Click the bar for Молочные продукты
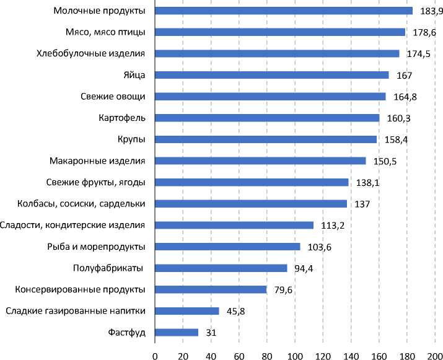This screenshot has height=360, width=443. pyautogui.click(x=283, y=11)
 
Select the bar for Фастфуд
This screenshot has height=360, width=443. pyautogui.click(x=177, y=332)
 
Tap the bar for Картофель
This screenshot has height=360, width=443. pyautogui.click(x=266, y=118)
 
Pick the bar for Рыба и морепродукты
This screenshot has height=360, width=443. pyautogui.click(x=227, y=247)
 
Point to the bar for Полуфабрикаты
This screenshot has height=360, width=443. pyautogui.click(x=221, y=268)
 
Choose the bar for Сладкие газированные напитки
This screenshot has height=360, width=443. pyautogui.click(x=186, y=311)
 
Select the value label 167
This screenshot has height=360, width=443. pyautogui.click(x=405, y=76)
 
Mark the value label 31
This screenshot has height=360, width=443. pyautogui.click(x=211, y=333)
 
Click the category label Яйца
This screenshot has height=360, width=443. pyautogui.click(x=134, y=75)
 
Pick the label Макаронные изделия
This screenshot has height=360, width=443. pyautogui.click(x=97, y=161)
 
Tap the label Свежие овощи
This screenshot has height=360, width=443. pyautogui.click(x=113, y=97)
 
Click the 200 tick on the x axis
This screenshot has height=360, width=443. pyautogui.click(x=434, y=355)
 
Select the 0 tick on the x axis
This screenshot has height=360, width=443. pyautogui.click(x=155, y=355)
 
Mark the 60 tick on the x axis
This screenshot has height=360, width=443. pyautogui.click(x=239, y=355)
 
